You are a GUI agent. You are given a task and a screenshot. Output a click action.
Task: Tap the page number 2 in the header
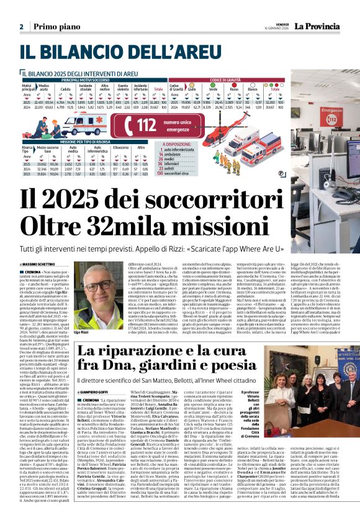pyautogui.click(x=21, y=27)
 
